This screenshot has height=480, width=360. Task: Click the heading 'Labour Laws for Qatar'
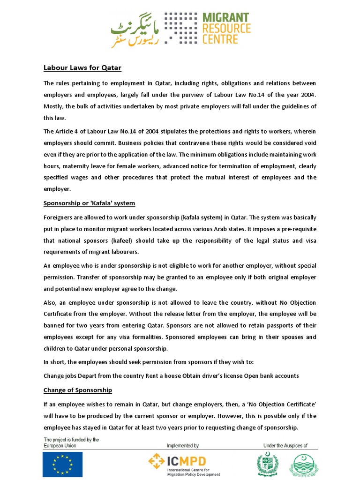tap(82, 68)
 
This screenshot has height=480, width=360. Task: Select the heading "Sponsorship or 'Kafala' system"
tap(89, 203)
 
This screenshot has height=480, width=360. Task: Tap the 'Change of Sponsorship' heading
tap(78, 390)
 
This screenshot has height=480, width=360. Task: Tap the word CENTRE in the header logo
tap(220, 39)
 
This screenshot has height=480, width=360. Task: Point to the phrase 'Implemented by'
tap(183, 445)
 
